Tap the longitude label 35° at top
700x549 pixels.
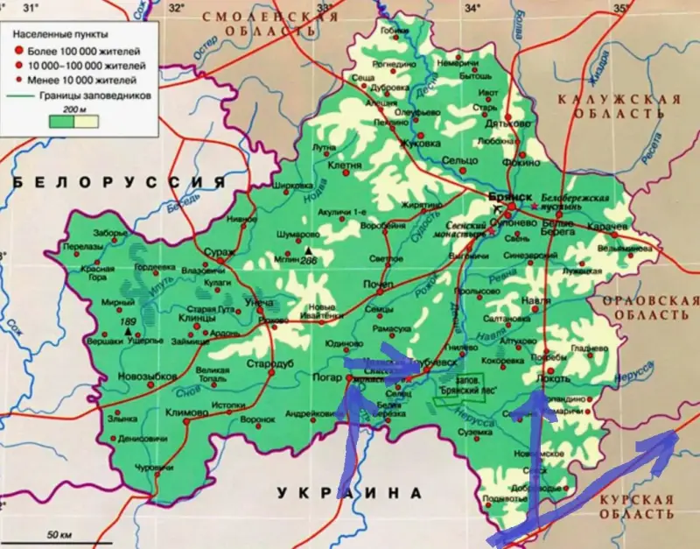point(621,9)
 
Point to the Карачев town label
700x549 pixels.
point(608,227)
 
